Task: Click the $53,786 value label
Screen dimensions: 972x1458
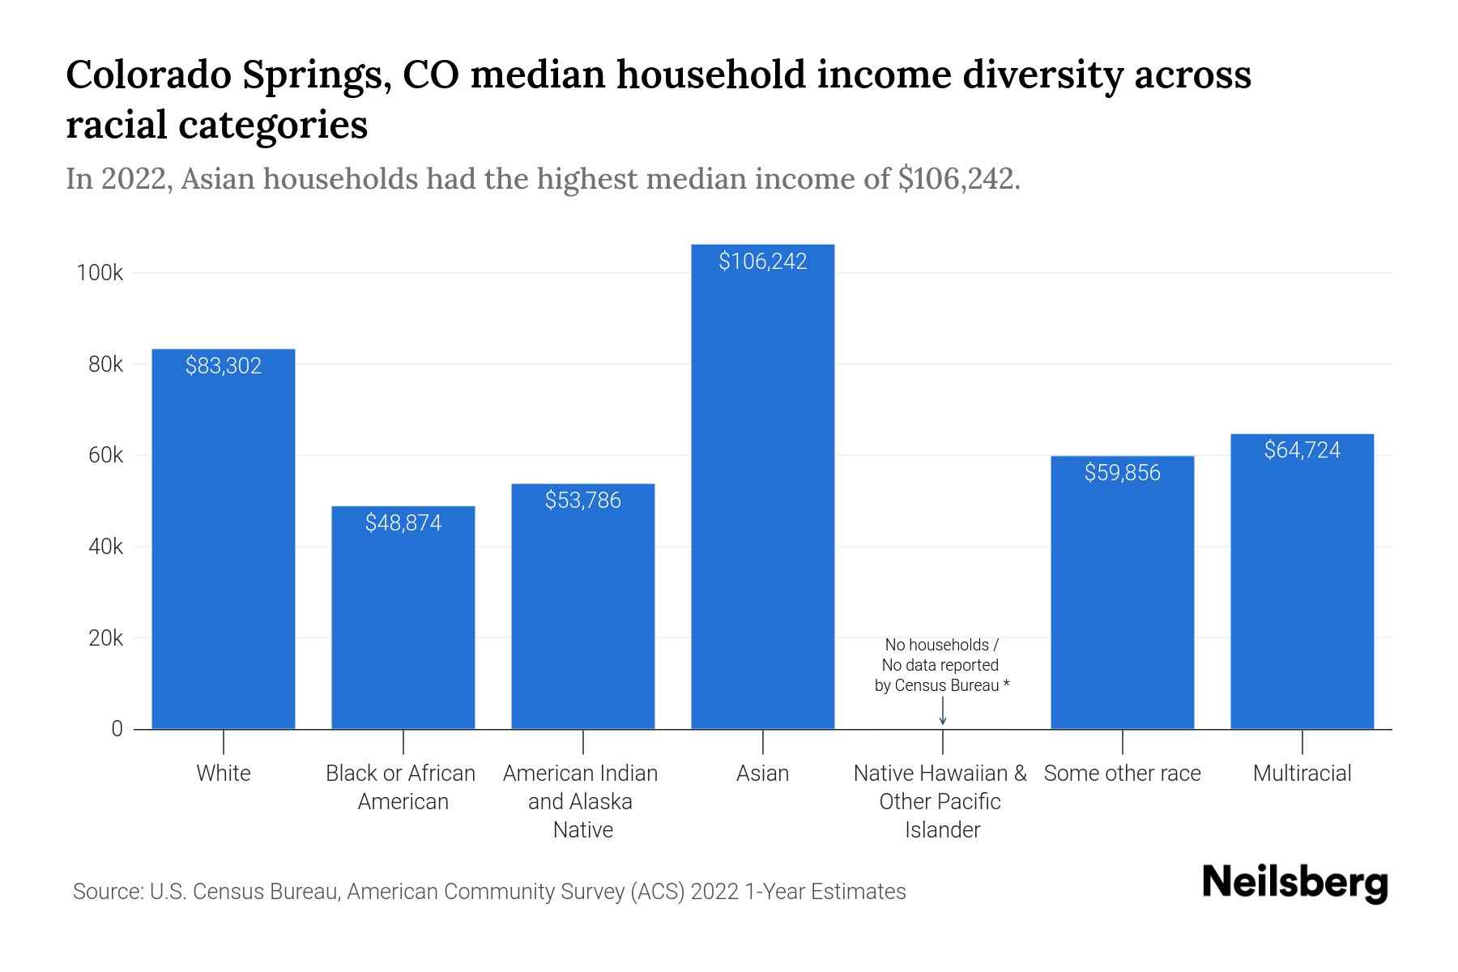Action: click(x=582, y=500)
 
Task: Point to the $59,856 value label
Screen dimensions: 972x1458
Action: click(x=1122, y=472)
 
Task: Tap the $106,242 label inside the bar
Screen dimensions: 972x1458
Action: click(x=762, y=261)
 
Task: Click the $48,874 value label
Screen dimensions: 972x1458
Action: click(x=403, y=522)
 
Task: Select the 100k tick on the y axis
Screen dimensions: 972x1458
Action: click(x=100, y=273)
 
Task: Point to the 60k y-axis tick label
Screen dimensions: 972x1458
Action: click(x=105, y=455)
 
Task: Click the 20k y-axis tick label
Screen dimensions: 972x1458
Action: click(x=105, y=638)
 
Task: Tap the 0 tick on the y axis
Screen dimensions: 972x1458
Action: click(x=117, y=729)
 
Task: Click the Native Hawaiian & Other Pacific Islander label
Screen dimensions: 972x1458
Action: click(x=940, y=801)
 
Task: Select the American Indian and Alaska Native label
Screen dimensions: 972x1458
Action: click(x=581, y=801)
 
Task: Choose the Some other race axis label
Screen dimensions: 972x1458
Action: click(x=1122, y=774)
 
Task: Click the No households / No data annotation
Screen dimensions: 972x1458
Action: click(x=941, y=665)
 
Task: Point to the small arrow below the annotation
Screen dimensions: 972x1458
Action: click(x=942, y=714)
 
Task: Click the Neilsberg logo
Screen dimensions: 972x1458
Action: click(x=1294, y=883)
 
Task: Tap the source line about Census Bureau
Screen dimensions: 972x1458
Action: click(x=489, y=892)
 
